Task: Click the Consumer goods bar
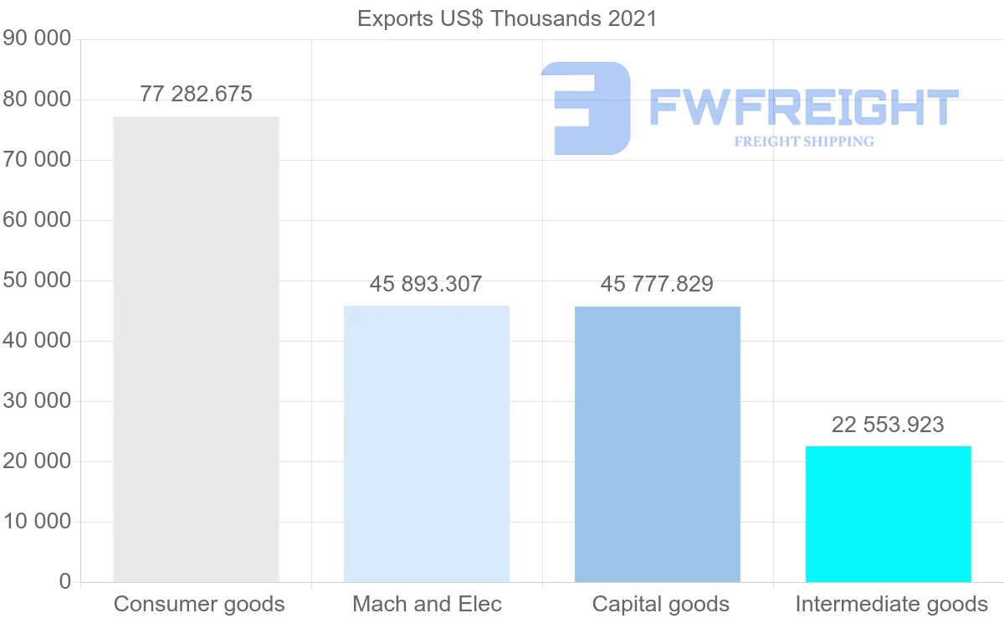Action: [196, 349]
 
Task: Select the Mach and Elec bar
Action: [427, 444]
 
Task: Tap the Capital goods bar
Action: [658, 444]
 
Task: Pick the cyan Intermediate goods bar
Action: [888, 514]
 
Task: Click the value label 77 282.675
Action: [196, 94]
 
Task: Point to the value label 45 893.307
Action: [426, 284]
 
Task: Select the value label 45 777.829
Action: [657, 284]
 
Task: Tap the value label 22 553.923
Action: [888, 425]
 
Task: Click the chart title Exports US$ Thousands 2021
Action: [507, 18]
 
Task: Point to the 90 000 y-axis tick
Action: [37, 39]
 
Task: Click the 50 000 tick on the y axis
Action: [37, 281]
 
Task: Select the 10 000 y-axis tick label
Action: [37, 522]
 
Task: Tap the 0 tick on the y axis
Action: [65, 582]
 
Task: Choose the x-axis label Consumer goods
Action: [199, 604]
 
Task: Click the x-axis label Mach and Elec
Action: [427, 604]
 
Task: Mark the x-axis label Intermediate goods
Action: [891, 604]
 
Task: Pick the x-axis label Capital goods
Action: [660, 604]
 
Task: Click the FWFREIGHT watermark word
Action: [803, 107]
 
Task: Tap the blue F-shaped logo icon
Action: [586, 108]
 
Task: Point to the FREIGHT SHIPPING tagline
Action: [804, 142]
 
